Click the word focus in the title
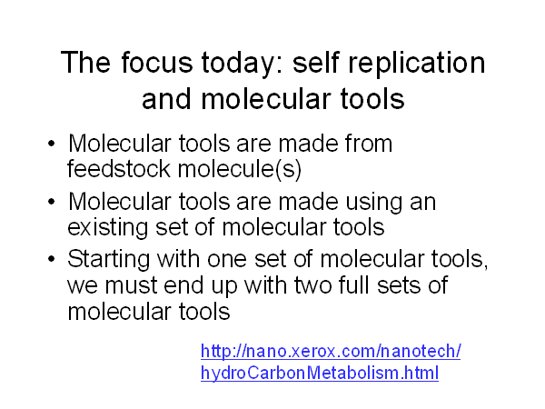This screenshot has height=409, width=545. pyautogui.click(x=157, y=62)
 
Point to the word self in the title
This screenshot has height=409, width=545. pyautogui.click(x=315, y=62)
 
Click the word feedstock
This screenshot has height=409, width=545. pyautogui.click(x=118, y=169)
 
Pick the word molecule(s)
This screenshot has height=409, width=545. pyautogui.click(x=240, y=170)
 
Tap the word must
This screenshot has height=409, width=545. pyautogui.click(x=132, y=285)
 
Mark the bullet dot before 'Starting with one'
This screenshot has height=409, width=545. pyautogui.click(x=52, y=259)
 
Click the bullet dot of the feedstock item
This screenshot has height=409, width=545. pyautogui.click(x=52, y=144)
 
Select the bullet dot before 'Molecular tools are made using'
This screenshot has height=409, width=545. pyautogui.click(x=52, y=202)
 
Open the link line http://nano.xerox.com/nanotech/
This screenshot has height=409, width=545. pyautogui.click(x=331, y=351)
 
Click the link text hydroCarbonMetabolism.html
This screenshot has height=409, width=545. pyautogui.click(x=320, y=374)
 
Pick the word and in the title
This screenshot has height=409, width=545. pyautogui.click(x=167, y=99)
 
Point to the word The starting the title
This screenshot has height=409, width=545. pyautogui.click(x=85, y=62)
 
